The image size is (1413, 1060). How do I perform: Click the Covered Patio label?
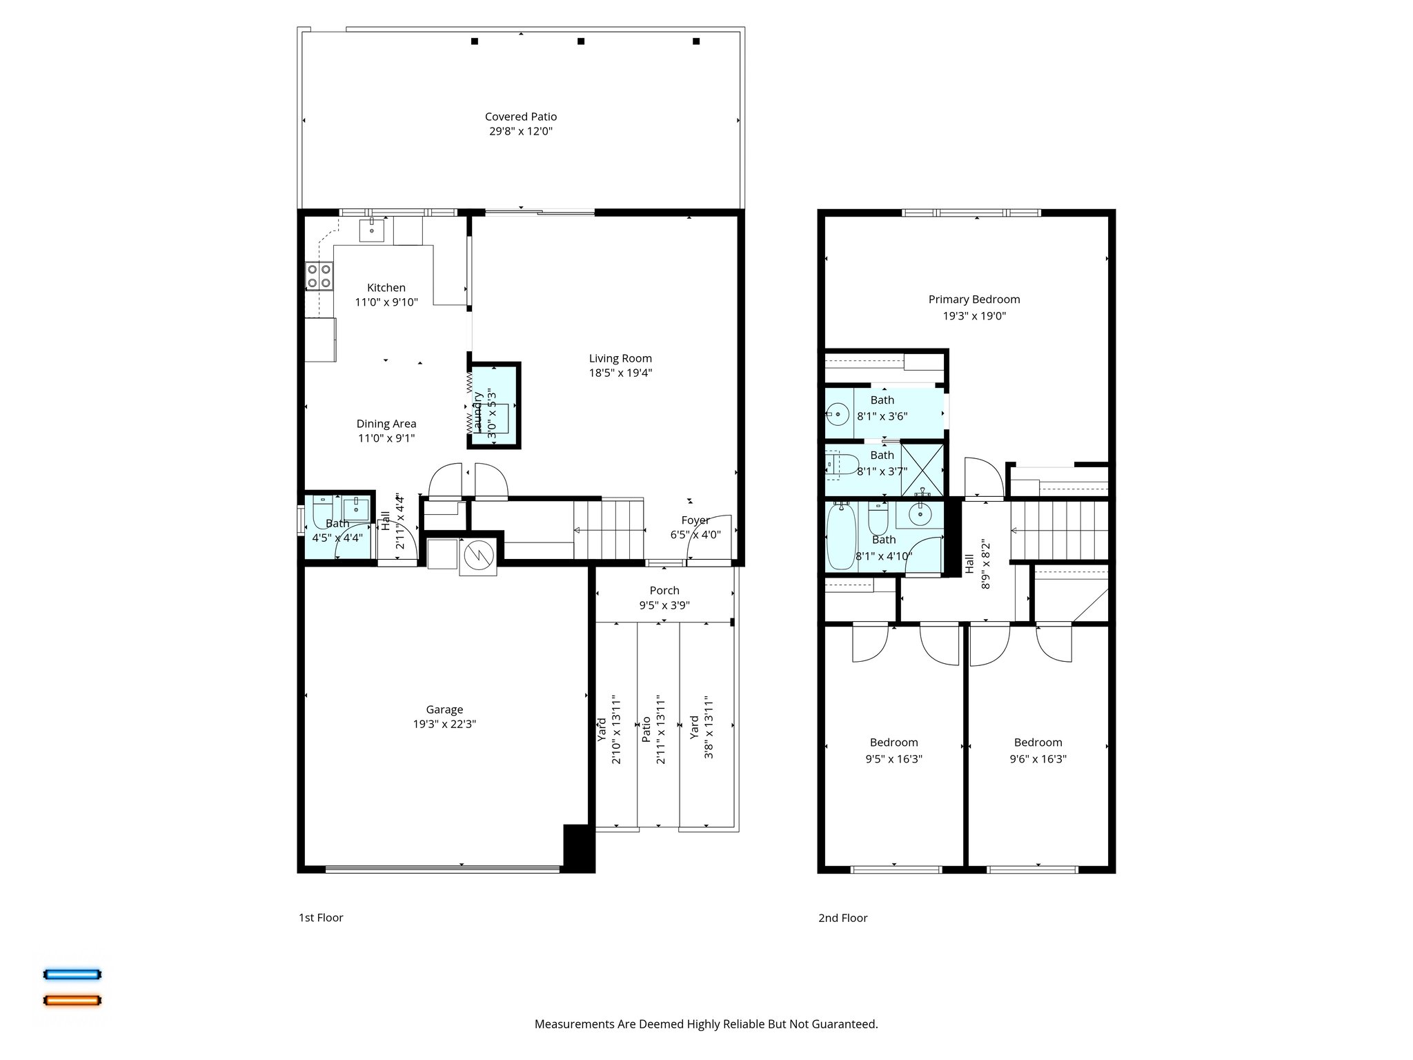click(x=520, y=117)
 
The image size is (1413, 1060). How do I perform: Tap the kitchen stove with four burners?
click(x=319, y=276)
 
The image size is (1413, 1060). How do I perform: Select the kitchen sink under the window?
click(x=372, y=230)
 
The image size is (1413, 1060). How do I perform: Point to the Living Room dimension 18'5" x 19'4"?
click(x=620, y=373)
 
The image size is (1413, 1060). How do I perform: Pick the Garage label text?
click(x=444, y=709)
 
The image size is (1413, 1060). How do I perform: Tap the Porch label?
click(x=664, y=591)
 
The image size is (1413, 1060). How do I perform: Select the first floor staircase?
click(x=609, y=529)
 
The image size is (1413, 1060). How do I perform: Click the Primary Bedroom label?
click(x=974, y=300)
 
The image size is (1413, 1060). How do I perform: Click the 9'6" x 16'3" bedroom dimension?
click(x=1038, y=759)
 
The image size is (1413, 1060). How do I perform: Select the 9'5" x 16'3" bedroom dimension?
click(x=893, y=759)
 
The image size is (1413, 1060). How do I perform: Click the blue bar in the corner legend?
click(x=72, y=974)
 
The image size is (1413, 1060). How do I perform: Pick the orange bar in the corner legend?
click(x=72, y=1000)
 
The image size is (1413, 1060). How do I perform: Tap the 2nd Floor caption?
click(x=842, y=918)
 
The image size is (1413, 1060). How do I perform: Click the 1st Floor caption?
click(x=321, y=918)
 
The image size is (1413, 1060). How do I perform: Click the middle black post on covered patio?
click(x=581, y=41)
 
